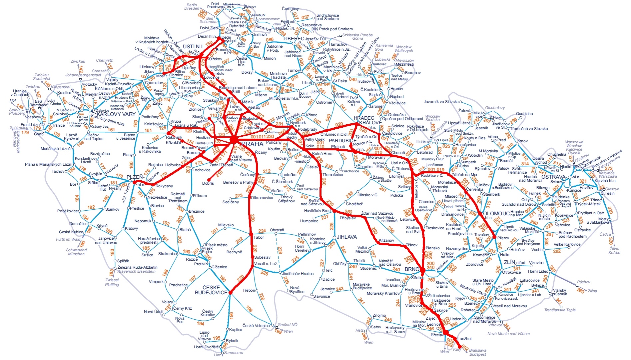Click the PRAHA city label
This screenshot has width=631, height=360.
[x=252, y=144]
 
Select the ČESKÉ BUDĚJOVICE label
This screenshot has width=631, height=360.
[x=211, y=290]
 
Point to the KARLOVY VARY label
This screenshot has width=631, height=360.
[x=116, y=114]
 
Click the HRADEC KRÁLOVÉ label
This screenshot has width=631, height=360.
[x=368, y=120]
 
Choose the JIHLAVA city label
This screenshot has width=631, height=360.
[x=347, y=237]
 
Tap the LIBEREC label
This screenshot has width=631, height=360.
[x=294, y=39]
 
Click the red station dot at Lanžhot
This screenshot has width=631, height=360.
[x=455, y=339]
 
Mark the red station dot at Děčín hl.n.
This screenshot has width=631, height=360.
[x=219, y=38]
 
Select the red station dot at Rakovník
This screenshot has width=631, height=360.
[x=168, y=133]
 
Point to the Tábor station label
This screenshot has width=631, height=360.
[x=259, y=237]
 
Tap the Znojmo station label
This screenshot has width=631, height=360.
[x=379, y=315]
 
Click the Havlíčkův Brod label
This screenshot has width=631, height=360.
[x=317, y=211]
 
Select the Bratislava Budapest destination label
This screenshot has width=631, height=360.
[x=477, y=352]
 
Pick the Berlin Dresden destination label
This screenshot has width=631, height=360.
[x=192, y=7]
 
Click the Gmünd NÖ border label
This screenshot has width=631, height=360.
[x=288, y=325]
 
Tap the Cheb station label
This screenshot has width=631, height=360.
[x=39, y=134]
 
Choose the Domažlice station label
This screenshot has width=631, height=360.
[x=78, y=224]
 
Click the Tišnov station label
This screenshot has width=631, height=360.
[x=412, y=245]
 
